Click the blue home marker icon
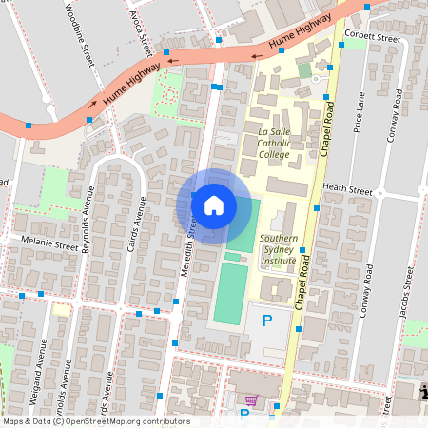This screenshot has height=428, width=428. point(214,204)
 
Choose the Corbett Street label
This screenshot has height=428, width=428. point(373,37)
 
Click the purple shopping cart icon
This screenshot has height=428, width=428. point(251,400)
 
